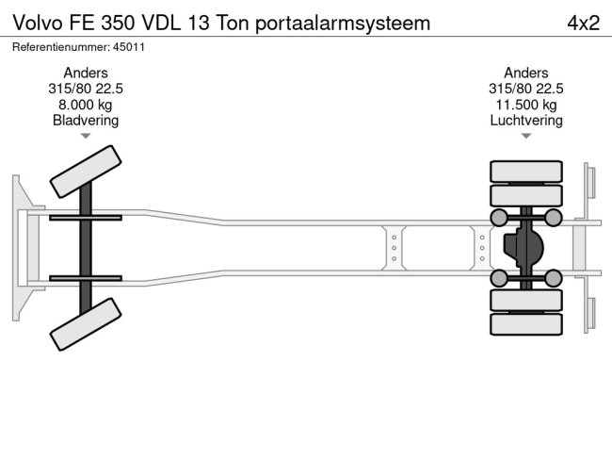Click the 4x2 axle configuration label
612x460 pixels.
click(583, 23)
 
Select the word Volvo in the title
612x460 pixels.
click(35, 23)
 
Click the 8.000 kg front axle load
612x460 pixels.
click(86, 105)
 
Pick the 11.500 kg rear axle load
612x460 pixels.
click(526, 105)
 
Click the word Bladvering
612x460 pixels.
click(86, 121)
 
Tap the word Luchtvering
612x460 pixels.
click(526, 121)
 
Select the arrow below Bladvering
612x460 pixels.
click(86, 136)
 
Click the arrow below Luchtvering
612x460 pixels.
click(526, 136)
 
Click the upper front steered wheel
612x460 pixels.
click(85, 172)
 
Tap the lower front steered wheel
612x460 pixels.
click(85, 325)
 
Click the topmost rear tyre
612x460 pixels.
click(526, 172)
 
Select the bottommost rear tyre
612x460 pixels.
click(526, 324)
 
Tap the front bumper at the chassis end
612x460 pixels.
click(19, 249)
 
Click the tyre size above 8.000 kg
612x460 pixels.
click(86, 89)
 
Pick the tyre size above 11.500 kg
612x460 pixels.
click(526, 89)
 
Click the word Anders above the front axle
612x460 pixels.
click(86, 73)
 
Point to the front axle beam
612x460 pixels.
click(86, 249)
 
